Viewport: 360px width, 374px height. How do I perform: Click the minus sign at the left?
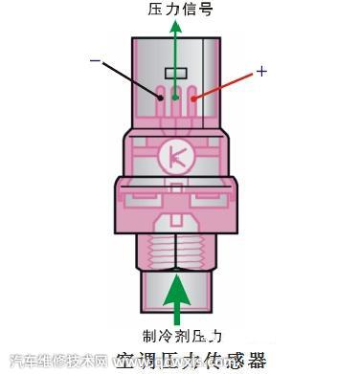pos(95,61)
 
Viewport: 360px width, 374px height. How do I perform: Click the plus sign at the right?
pos(261,72)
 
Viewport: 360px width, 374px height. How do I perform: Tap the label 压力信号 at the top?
pos(180,9)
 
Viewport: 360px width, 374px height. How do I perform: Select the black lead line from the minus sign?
pos(128,78)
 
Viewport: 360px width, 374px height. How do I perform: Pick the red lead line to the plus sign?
pos(224,85)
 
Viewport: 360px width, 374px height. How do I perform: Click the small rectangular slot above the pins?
pos(175,73)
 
